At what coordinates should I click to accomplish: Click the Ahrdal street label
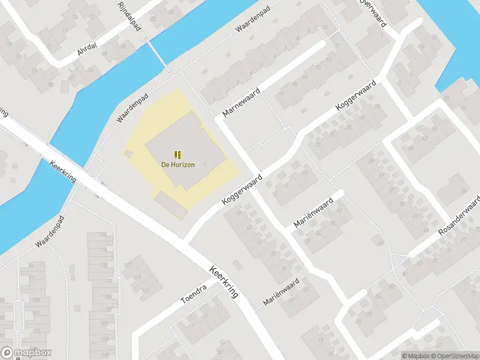[x=87, y=51]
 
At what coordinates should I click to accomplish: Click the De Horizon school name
[x=178, y=164]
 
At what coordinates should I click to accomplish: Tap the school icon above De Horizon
[x=178, y=155]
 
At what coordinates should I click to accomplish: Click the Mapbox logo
[x=26, y=353]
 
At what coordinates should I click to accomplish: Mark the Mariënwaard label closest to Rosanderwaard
[x=313, y=212]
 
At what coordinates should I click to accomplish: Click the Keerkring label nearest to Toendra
[x=224, y=282]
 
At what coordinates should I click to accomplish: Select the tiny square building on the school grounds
[x=127, y=154]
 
